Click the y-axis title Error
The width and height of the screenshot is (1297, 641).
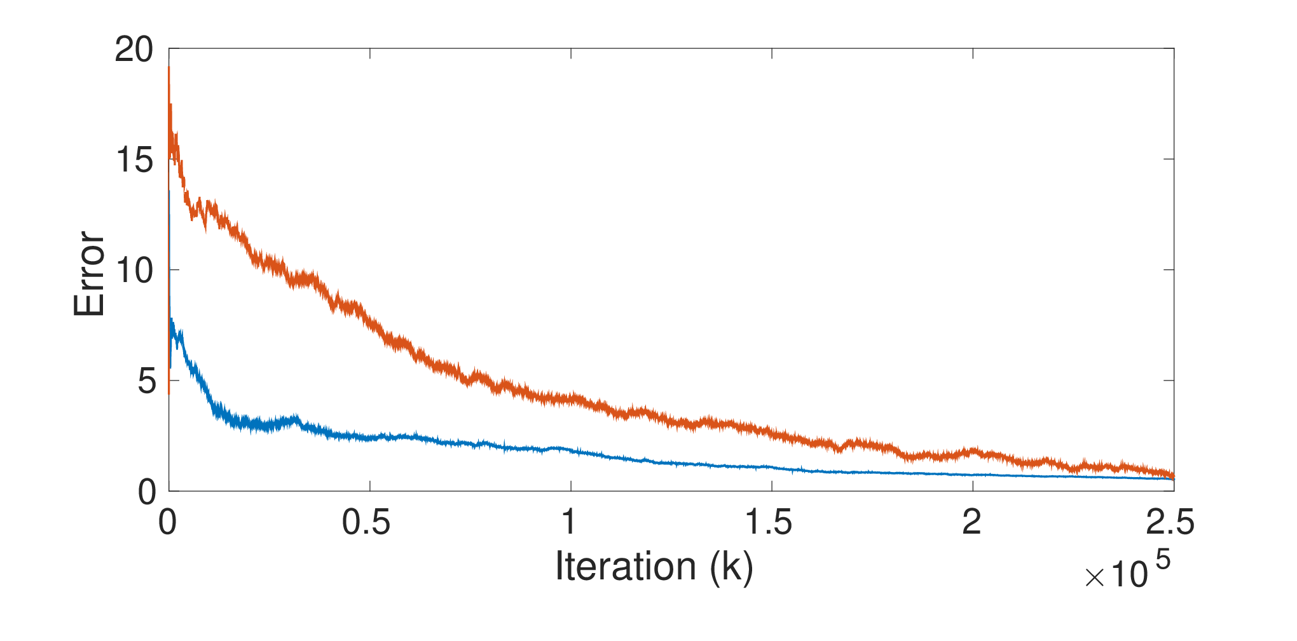89,274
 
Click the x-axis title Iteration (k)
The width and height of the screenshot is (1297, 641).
654,566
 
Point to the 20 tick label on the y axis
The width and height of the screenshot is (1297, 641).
134,49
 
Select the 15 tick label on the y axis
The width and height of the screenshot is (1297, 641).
134,159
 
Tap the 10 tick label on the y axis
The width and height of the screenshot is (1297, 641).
134,271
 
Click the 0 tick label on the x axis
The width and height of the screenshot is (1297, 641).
168,522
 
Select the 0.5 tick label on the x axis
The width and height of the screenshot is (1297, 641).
366,522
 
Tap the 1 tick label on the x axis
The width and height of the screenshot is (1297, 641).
569,522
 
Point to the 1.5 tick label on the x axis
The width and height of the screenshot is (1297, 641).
769,522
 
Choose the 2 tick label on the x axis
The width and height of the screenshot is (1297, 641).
971,522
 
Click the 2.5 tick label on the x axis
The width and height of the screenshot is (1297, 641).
1170,522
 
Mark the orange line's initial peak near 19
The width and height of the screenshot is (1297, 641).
168,67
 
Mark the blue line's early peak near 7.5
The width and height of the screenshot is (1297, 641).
172,320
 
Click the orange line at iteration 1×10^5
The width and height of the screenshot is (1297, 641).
571,399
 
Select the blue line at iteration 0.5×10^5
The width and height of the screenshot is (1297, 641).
369,437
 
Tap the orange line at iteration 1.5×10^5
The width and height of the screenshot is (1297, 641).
772,432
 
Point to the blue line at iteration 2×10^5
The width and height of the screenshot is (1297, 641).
973,475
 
